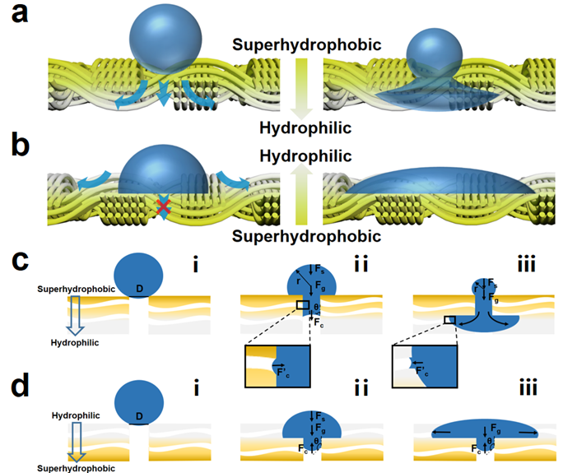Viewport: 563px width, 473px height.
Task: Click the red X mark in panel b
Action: point(163,212)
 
